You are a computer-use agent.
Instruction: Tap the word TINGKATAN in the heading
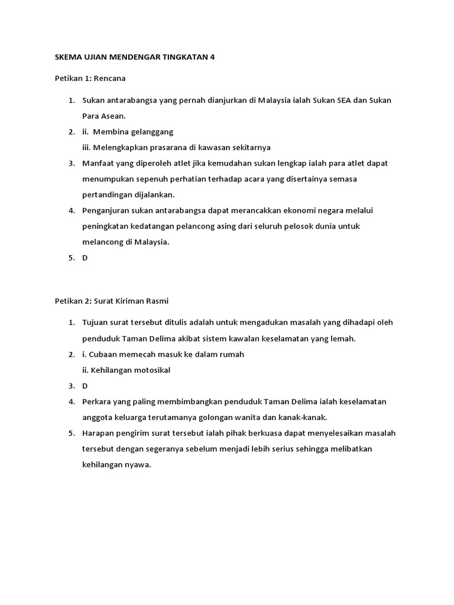coord(181,57)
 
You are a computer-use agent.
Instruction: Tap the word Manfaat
coord(98,163)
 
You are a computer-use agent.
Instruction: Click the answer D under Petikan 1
coord(85,258)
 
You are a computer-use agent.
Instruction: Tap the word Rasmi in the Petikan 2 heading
coord(157,301)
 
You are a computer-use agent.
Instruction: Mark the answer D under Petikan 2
coord(85,386)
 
